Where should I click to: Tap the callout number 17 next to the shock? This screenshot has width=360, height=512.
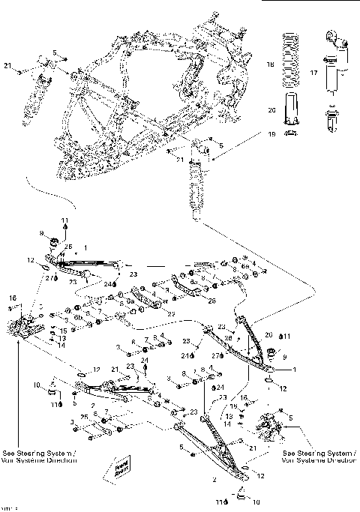click(x=313, y=73)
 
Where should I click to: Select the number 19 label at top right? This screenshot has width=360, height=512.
click(x=272, y=133)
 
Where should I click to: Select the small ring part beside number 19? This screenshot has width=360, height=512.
click(x=292, y=133)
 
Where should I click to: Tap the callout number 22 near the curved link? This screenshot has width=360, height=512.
click(x=171, y=313)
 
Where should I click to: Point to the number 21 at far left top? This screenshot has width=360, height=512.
click(x=8, y=67)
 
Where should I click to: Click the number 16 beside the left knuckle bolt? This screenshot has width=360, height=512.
click(x=13, y=298)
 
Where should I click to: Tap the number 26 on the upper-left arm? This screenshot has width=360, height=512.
click(x=68, y=247)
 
